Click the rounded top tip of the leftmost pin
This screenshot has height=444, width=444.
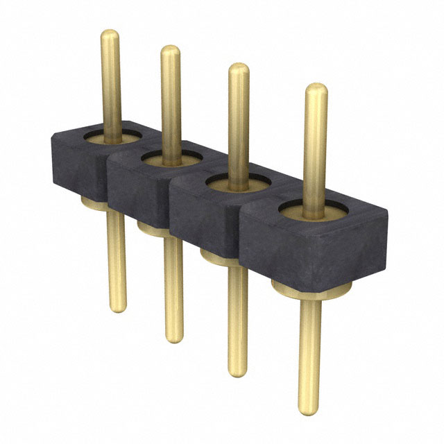coord(110,34)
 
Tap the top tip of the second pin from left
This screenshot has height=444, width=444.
coord(171,51)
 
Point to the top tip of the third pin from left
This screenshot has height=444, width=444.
coord(239,68)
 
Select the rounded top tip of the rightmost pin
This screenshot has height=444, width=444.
coord(316,89)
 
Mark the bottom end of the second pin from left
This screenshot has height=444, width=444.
coord(175,338)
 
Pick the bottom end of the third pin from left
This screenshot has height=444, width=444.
coord(237,372)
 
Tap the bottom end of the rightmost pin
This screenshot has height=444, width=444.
coord(310,409)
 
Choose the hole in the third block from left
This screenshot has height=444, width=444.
coord(237,182)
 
